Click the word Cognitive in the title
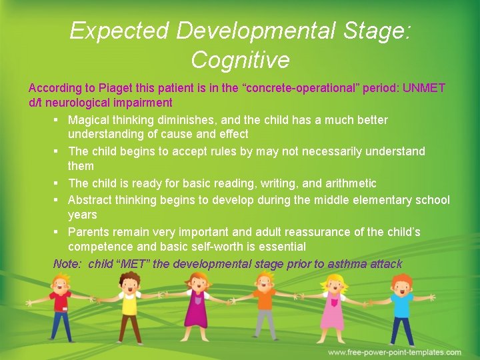[x=240, y=60]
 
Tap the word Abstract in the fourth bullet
[x=90, y=200]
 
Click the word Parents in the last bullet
[x=89, y=232]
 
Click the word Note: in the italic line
[x=67, y=264]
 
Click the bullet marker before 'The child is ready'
[x=59, y=183]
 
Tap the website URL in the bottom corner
[x=394, y=352]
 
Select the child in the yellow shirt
[x=128, y=307]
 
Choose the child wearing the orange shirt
[x=265, y=307]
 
